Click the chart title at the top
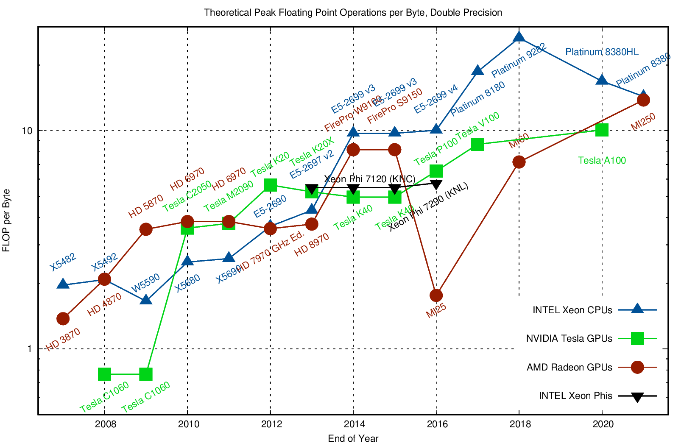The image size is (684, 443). [x=353, y=12]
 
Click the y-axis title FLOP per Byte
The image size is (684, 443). [x=6, y=220]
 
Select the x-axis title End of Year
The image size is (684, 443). [x=353, y=438]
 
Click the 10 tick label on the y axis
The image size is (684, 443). [x=27, y=131]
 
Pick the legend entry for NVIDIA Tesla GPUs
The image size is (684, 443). [x=569, y=339]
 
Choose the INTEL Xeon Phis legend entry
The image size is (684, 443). [x=575, y=396]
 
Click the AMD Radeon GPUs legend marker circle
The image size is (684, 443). [x=637, y=367]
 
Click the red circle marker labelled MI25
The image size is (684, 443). [x=436, y=295]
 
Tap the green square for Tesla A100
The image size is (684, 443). [x=602, y=130]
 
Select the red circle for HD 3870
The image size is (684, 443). [x=63, y=318]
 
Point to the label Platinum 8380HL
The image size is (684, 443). [x=602, y=52]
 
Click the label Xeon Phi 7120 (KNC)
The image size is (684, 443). [x=370, y=179]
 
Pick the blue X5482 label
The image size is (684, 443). [x=63, y=262]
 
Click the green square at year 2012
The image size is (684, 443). [x=270, y=185]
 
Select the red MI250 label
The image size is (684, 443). [x=643, y=122]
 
